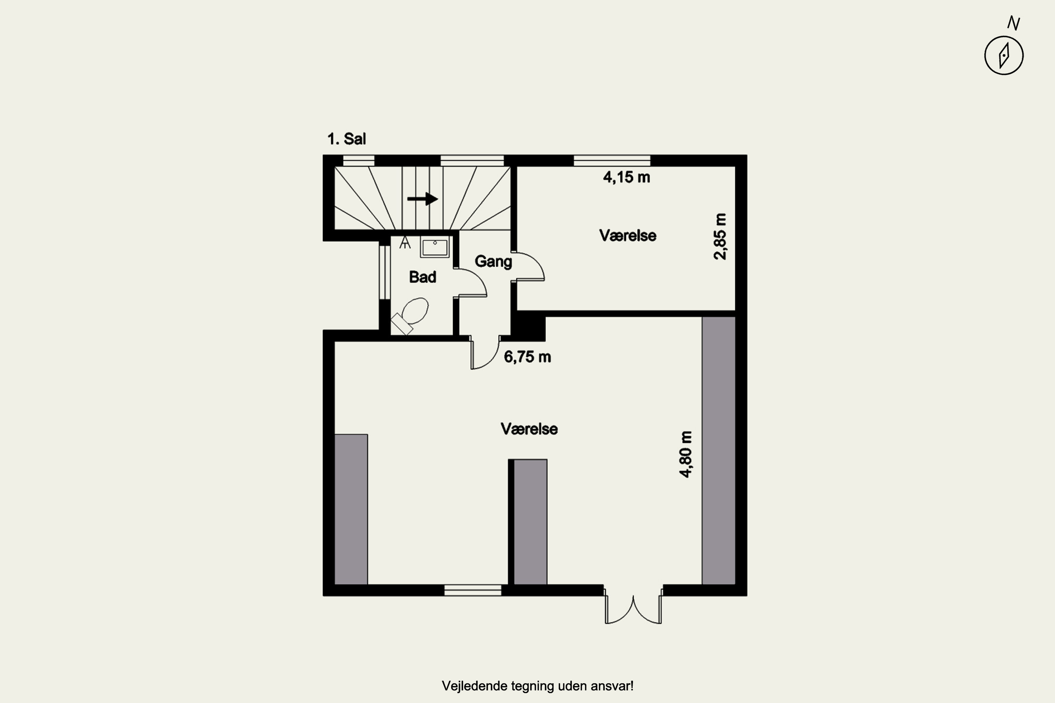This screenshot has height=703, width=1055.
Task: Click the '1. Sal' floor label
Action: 346,139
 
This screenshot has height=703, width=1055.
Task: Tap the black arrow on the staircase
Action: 423,199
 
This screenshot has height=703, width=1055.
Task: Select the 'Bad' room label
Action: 423,277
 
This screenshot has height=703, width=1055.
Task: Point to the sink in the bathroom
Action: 435,247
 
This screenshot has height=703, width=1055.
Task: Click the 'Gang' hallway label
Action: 493,262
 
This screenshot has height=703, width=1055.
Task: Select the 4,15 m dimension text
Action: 627,178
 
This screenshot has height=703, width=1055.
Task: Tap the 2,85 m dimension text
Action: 720,236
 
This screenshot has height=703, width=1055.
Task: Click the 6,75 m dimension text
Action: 527,357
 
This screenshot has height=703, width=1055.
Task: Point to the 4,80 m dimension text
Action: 686,454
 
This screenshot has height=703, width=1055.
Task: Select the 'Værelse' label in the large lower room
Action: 529,429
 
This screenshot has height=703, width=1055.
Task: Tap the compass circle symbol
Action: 1004,56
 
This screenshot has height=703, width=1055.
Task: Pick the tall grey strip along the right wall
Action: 718,451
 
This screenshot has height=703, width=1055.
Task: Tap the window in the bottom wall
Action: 473,591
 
